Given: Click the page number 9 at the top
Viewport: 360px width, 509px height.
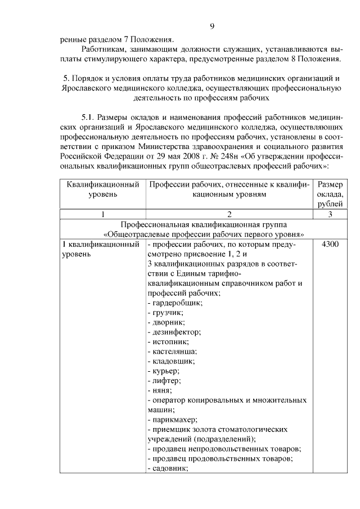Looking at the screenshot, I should coord(212,26).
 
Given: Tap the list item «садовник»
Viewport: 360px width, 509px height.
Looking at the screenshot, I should coord(167,469).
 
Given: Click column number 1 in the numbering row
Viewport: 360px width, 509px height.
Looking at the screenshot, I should coord(102,214).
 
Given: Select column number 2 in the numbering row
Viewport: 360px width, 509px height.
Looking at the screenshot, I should coord(229,214).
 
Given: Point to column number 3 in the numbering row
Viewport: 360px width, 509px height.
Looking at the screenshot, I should coord(330,214).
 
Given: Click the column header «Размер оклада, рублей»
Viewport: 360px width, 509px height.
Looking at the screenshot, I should coord(330,194).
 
